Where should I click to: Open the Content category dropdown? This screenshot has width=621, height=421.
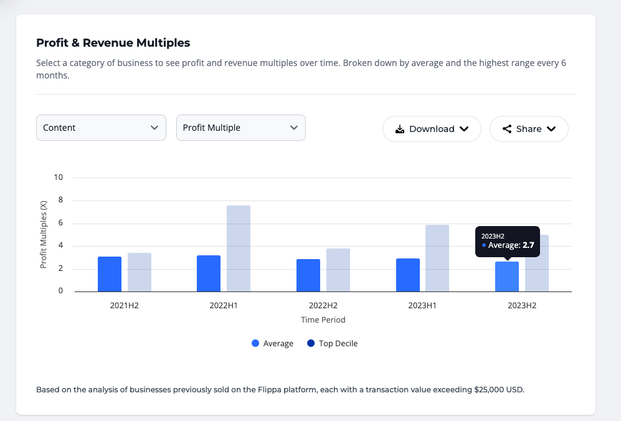point(101,128)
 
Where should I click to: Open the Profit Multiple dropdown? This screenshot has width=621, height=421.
point(240,128)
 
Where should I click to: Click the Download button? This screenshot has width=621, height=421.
point(432,129)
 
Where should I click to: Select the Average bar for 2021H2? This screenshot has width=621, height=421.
point(110,274)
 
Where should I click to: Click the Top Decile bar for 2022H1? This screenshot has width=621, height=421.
point(239,248)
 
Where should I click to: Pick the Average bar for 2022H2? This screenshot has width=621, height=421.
point(308,275)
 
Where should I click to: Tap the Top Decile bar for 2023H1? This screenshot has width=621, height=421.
point(437,258)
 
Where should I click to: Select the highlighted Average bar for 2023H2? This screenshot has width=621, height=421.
point(507,277)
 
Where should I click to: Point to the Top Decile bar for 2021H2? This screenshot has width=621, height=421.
point(140,272)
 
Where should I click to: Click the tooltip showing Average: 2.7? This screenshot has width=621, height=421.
point(508,241)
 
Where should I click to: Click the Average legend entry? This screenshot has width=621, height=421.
point(272,343)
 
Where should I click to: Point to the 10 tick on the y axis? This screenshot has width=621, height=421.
point(59,177)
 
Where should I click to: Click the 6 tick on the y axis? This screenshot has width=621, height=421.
point(60,223)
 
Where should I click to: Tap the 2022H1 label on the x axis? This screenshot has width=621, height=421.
point(224,306)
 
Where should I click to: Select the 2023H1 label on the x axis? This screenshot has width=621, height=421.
point(422,306)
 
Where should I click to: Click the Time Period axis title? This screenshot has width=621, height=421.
point(323,319)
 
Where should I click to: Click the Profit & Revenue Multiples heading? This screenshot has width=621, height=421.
point(113,43)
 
